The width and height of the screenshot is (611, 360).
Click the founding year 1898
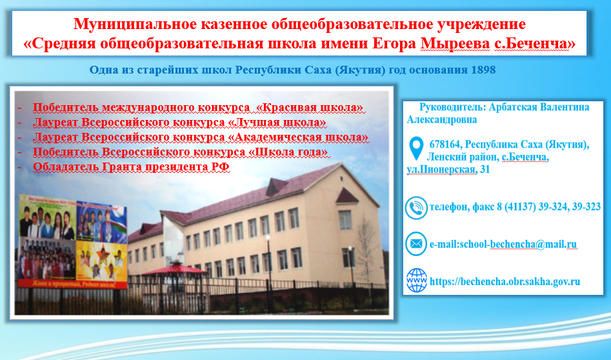click(483, 70)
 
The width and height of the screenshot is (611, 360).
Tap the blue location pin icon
click(416, 148)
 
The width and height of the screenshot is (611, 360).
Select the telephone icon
click(416, 208)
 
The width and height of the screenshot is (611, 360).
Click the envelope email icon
click(416, 244)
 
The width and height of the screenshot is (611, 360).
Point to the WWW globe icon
click(417, 281)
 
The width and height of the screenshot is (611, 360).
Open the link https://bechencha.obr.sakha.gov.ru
click(505, 281)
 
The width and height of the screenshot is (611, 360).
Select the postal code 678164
click(445, 145)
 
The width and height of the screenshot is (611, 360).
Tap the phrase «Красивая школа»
click(310, 107)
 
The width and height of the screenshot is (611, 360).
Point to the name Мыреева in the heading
click(455, 44)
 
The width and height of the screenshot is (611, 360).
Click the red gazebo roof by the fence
click(175, 270)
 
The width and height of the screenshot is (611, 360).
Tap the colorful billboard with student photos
click(73, 241)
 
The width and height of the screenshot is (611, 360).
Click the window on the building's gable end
click(345, 220)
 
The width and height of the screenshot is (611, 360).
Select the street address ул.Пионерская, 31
click(448, 170)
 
